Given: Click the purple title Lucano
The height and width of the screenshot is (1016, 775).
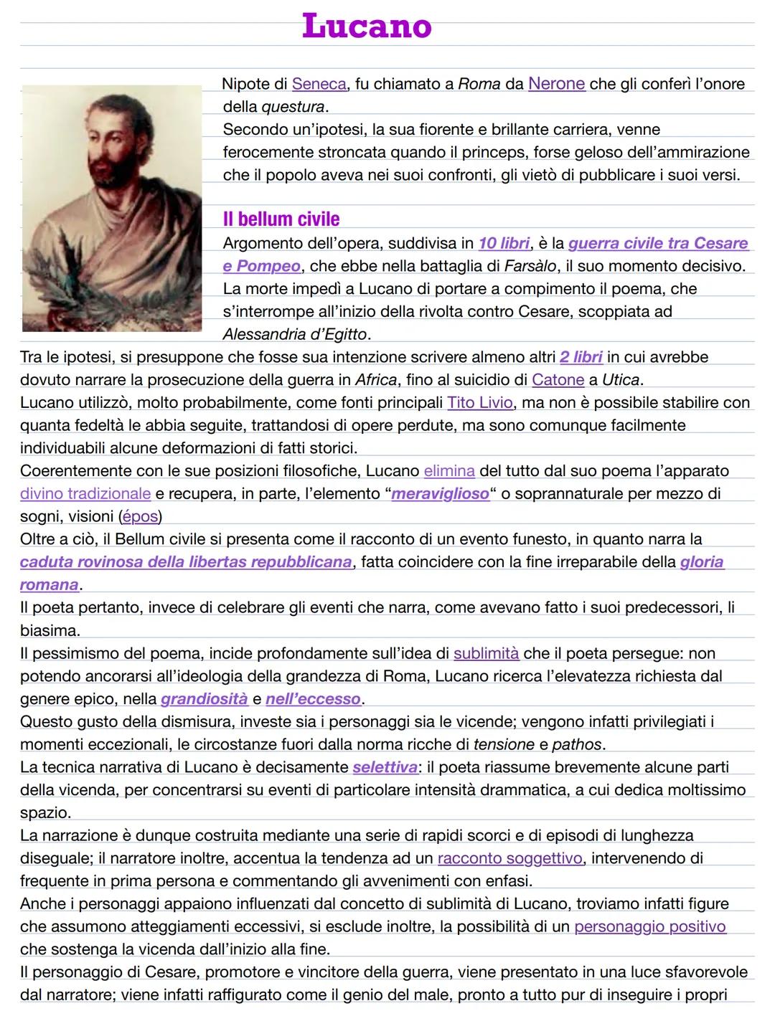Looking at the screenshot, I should (367, 27).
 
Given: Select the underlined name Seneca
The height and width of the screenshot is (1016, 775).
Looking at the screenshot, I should (319, 84).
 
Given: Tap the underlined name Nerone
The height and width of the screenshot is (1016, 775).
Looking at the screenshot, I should (556, 84).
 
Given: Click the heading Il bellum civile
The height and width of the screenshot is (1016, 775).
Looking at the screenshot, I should (281, 219).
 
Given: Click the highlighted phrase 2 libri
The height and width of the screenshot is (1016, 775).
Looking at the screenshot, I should (581, 357).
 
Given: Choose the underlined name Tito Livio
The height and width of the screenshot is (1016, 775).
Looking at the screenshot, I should (480, 402).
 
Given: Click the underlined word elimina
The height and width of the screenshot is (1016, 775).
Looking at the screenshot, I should (449, 471).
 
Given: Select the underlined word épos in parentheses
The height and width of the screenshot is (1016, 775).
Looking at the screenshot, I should (140, 516).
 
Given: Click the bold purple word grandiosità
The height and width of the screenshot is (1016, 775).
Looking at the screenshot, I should (204, 699).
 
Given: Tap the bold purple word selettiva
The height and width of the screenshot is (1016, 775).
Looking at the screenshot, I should (385, 767).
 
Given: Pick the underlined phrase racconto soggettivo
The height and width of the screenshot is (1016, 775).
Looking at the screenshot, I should (509, 858).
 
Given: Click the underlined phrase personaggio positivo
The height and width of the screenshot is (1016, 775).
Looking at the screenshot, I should (649, 926).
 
